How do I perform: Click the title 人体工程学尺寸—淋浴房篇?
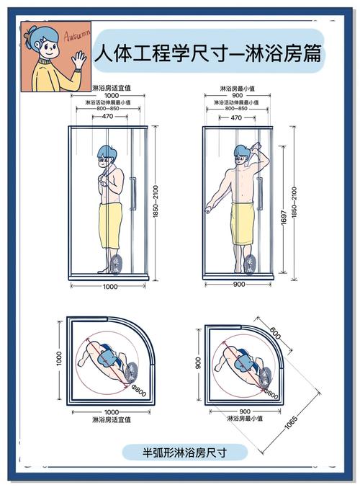pyautogui.click(x=207, y=53)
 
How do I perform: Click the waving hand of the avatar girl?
pyautogui.click(x=78, y=60)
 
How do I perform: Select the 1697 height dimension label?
pyautogui.click(x=284, y=217)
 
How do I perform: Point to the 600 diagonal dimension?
pyautogui.click(x=275, y=333)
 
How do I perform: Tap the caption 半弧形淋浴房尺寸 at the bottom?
pyautogui.click(x=184, y=453)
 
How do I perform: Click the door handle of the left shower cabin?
pyautogui.click(x=132, y=193)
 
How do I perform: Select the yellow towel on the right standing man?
pyautogui.click(x=243, y=223)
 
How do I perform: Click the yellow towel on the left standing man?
pyautogui.click(x=111, y=226)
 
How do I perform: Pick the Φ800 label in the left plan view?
pyautogui.click(x=139, y=391)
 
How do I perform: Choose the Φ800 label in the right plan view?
pyautogui.click(x=271, y=393)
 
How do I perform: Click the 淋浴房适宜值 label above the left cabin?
pyautogui.click(x=112, y=88)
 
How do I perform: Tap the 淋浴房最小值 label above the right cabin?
pyautogui.click(x=238, y=89)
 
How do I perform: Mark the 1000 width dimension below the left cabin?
pyautogui.click(x=111, y=286)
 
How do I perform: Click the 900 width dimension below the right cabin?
pyautogui.click(x=238, y=284)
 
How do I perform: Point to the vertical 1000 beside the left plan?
pyautogui.click(x=59, y=358)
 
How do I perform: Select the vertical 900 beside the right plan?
pyautogui.click(x=199, y=362)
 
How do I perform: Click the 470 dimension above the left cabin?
pyautogui.click(x=108, y=116)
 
